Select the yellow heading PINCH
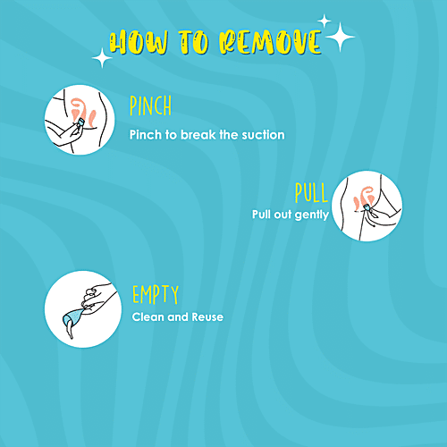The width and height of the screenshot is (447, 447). [x=150, y=107]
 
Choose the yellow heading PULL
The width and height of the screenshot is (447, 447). [x=311, y=192]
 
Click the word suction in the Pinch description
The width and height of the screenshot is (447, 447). [x=259, y=135]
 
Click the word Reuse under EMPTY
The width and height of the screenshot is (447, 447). [x=206, y=316]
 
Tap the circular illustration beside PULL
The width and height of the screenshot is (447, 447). [x=367, y=205]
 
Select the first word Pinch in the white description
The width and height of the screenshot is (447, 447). [x=146, y=135]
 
